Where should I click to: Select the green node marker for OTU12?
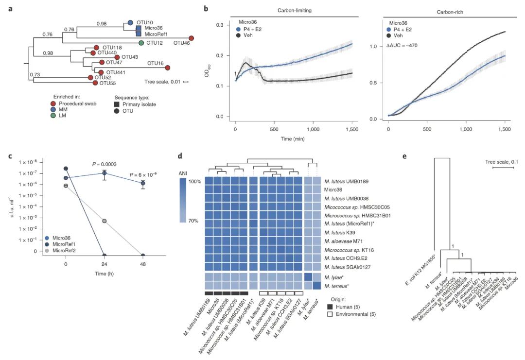tap(141, 43)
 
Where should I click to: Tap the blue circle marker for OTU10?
tap(130, 23)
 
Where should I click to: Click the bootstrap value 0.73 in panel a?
tap(35, 74)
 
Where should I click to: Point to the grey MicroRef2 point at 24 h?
tap(104, 221)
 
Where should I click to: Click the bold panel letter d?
tap(180, 157)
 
